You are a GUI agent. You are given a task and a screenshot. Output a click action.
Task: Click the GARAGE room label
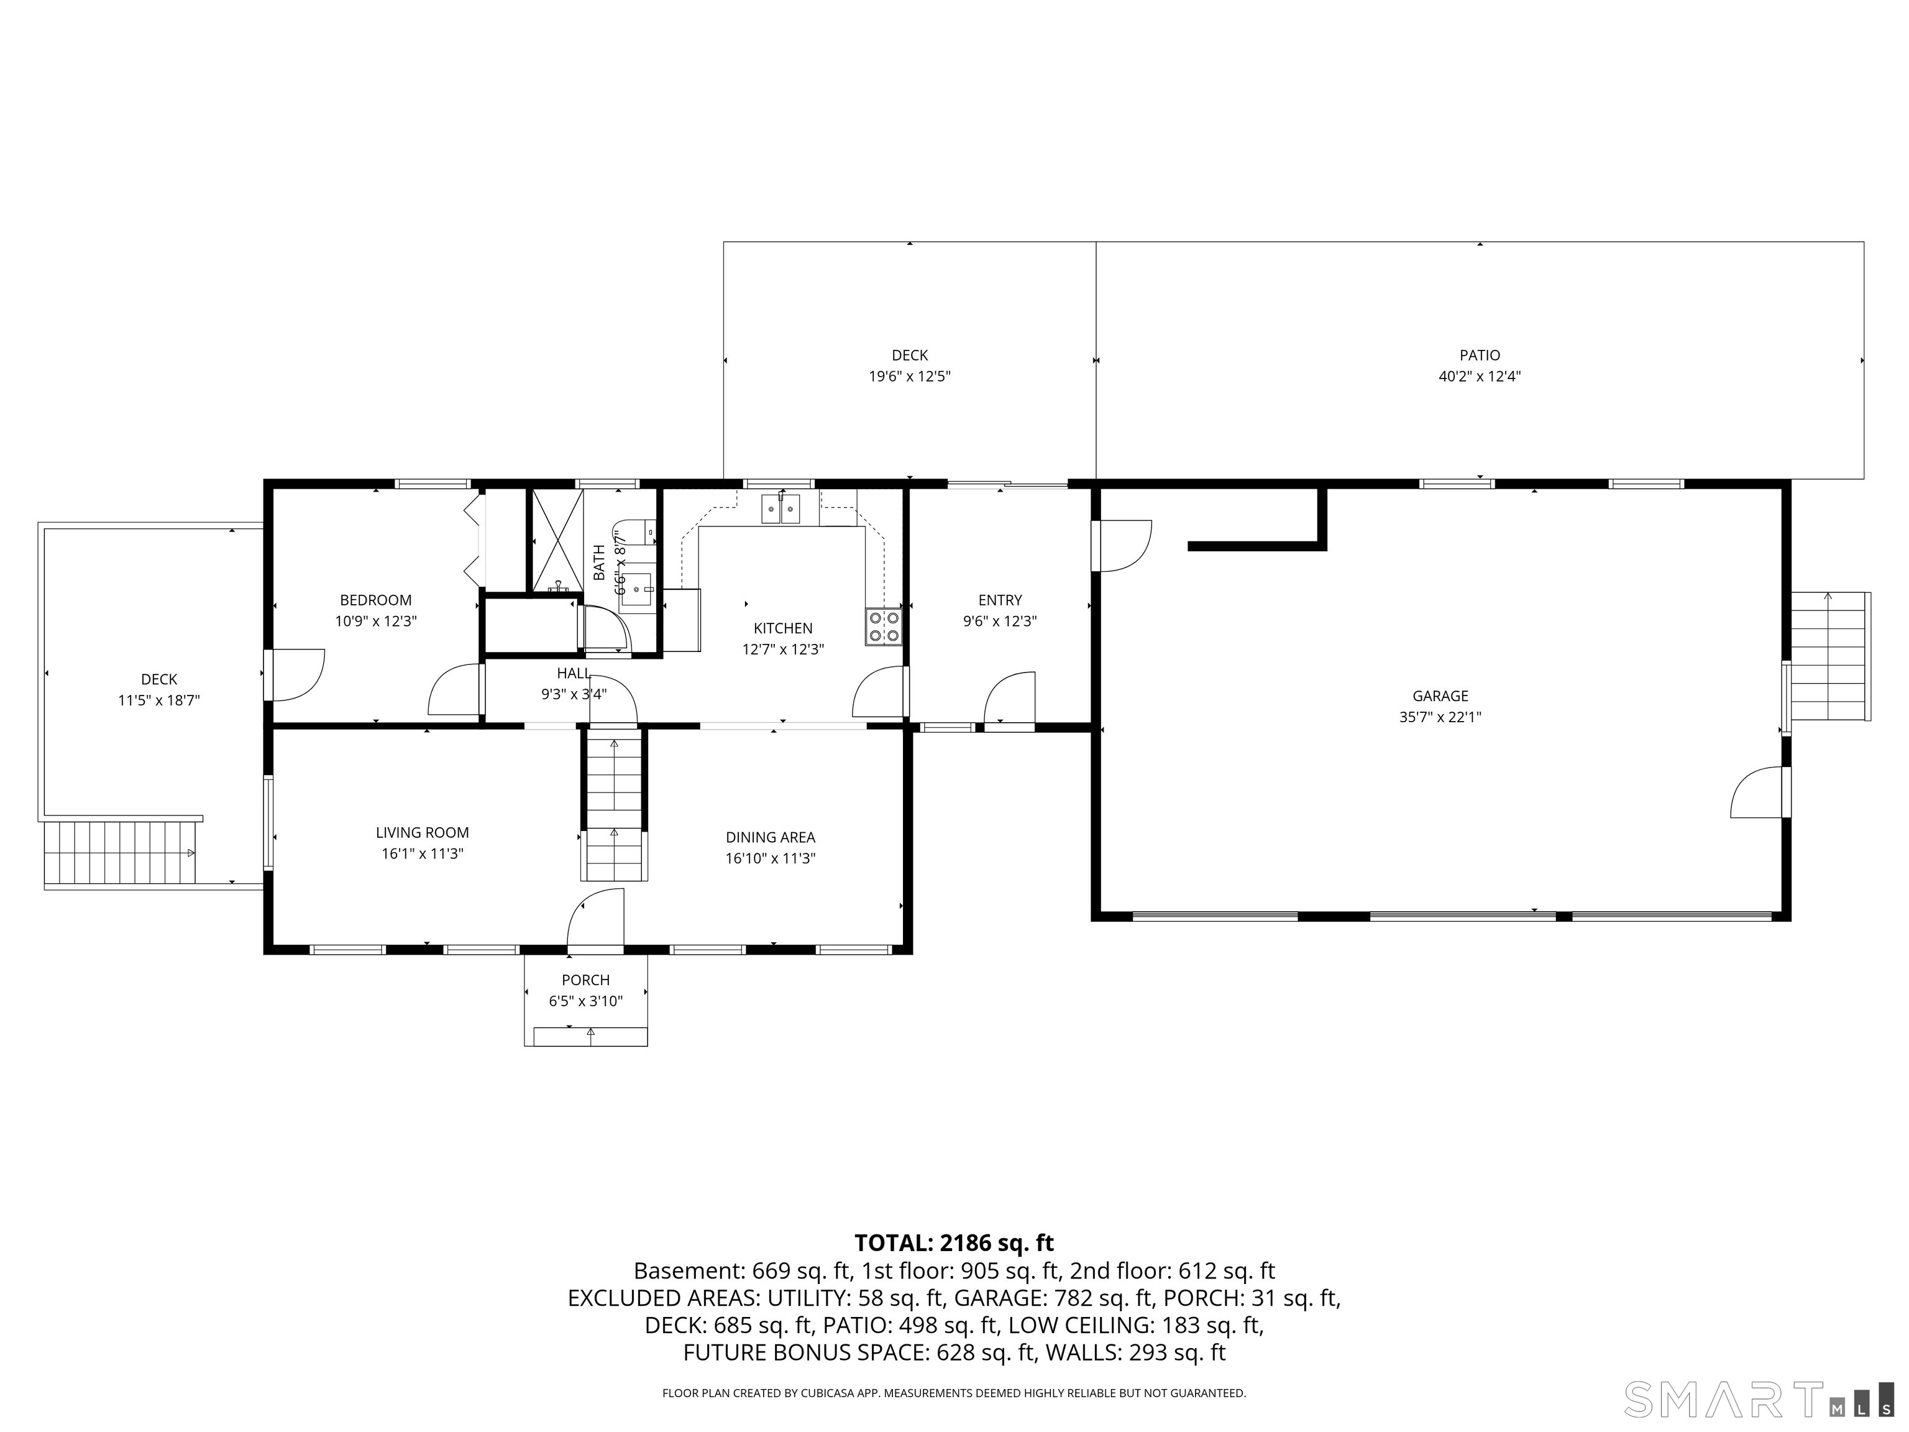click(1440, 695)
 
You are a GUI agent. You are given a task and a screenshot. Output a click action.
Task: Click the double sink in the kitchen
click(780, 509)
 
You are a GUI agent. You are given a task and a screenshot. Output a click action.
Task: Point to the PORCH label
click(586, 980)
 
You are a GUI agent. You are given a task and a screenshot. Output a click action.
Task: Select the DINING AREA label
click(770, 837)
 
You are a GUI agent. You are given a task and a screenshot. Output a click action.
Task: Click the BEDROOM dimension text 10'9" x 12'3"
click(377, 621)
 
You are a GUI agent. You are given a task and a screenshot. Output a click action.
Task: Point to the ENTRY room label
click(1000, 600)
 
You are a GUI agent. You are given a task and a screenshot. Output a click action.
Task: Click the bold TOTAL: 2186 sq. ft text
click(954, 1243)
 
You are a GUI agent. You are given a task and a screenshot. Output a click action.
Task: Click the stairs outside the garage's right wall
click(1829, 656)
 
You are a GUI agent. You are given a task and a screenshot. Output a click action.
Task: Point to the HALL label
click(574, 673)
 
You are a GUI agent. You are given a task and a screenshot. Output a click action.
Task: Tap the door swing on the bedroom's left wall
click(293, 675)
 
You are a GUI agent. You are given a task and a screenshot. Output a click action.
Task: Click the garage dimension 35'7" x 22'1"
click(1440, 717)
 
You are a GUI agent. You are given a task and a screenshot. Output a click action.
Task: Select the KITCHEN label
click(783, 628)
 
